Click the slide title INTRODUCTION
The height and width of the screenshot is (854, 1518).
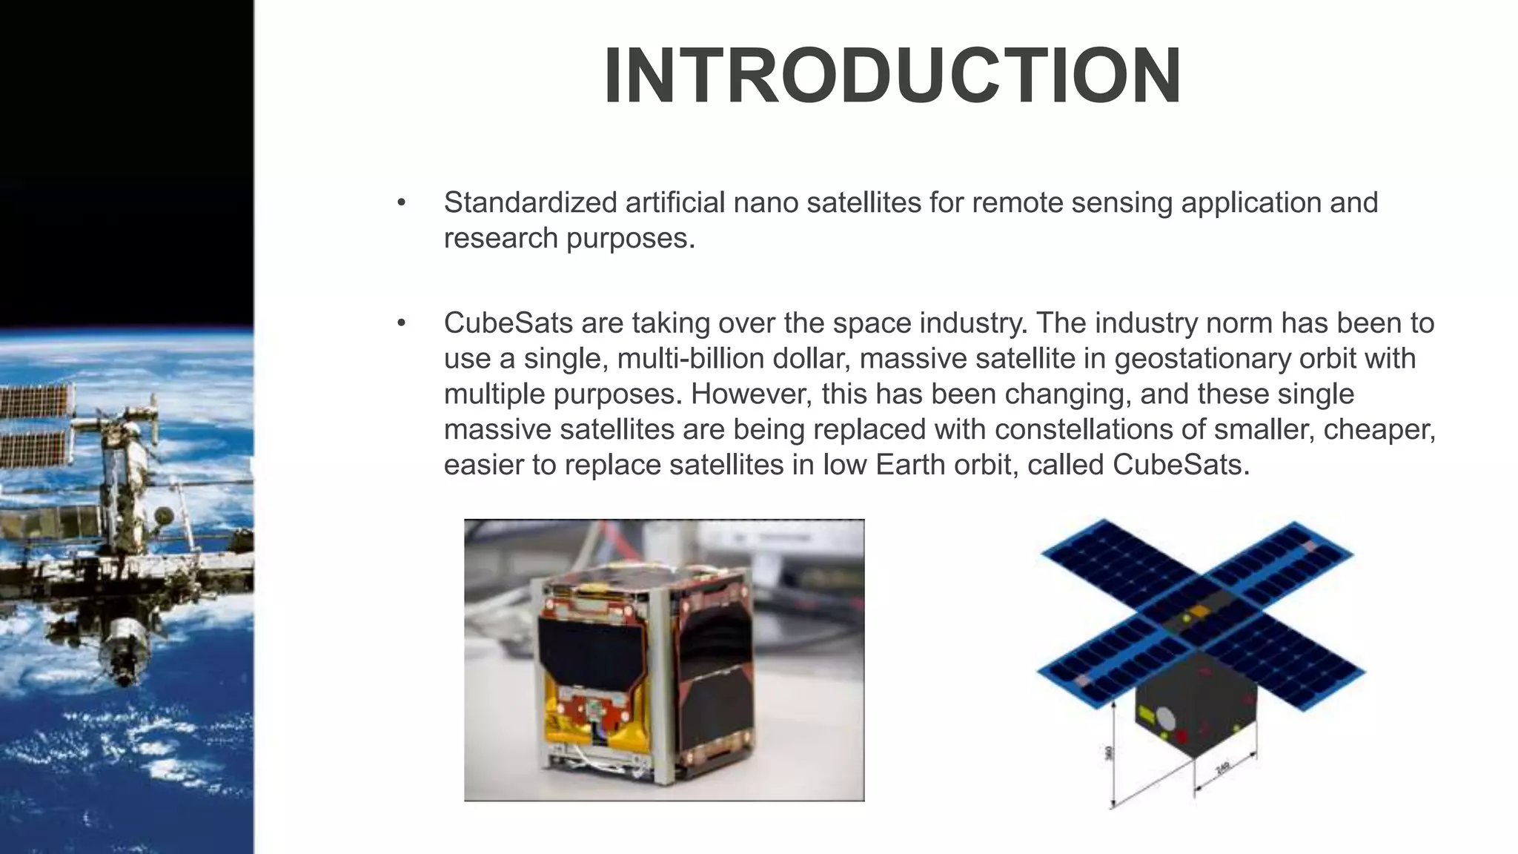coord(892,76)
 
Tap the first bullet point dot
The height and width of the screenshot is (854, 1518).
coord(402,202)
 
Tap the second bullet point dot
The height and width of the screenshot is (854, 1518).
coord(402,323)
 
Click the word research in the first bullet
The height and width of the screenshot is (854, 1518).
coord(501,239)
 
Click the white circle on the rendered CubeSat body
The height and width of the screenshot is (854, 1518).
coord(1166,718)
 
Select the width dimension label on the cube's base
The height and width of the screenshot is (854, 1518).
coord(1222,769)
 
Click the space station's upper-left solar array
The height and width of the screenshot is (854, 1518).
coord(37,400)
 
